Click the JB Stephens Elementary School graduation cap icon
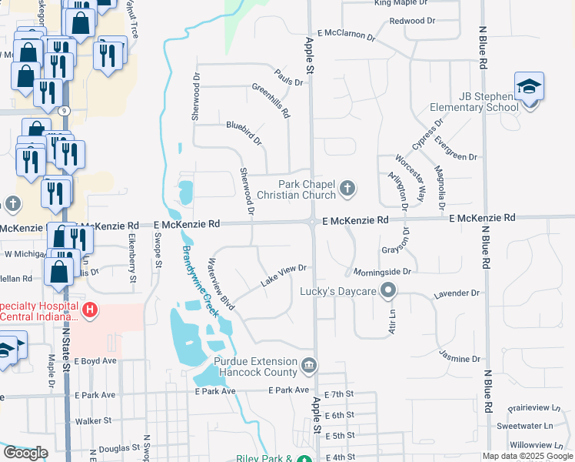point(529,85)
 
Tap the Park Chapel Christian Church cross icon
point(347,187)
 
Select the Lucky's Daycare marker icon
point(389,290)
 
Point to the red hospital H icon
point(90,310)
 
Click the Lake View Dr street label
point(284,276)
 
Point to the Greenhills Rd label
point(271,100)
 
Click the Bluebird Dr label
point(244,132)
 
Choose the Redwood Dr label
point(413,21)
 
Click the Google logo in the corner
point(25,453)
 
